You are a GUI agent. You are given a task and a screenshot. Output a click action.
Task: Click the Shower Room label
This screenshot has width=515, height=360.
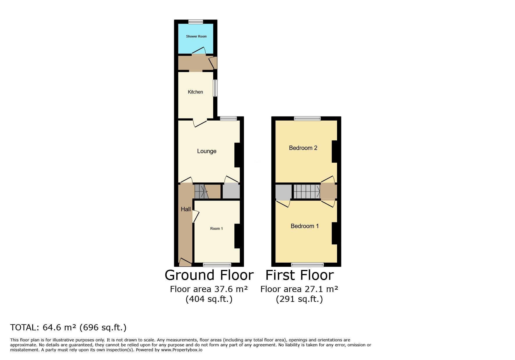click(x=196, y=36)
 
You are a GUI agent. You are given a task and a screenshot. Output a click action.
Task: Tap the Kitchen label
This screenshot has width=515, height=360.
click(x=195, y=92)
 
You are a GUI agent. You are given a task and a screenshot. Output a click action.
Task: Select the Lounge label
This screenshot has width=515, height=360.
click(x=207, y=151)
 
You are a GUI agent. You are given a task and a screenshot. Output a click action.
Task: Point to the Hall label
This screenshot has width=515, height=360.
click(x=186, y=209)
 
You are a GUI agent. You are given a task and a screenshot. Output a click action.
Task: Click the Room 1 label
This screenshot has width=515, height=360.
click(x=217, y=229)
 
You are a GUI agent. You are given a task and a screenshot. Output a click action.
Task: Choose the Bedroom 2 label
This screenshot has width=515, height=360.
click(x=303, y=148)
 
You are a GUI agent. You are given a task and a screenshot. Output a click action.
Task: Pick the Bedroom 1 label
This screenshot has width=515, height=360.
click(x=305, y=226)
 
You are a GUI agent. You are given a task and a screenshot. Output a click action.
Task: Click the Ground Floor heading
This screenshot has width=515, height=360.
click(x=209, y=275)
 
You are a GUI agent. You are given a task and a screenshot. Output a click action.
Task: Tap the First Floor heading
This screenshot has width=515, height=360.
click(x=300, y=275)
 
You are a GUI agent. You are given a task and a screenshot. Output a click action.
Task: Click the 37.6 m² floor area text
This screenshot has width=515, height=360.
click(x=209, y=289)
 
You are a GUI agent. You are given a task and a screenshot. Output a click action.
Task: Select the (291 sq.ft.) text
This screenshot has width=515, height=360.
click(x=300, y=299)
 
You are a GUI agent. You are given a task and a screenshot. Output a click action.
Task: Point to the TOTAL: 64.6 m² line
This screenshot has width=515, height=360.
click(x=68, y=327)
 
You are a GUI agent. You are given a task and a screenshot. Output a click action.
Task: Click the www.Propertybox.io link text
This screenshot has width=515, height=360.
click(x=182, y=350)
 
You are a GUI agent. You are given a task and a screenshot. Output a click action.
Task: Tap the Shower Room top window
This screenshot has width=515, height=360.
click(x=195, y=22)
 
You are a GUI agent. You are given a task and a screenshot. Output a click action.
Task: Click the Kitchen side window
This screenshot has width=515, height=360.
click(x=215, y=88)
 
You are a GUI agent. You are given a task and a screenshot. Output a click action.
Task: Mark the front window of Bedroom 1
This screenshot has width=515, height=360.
click(x=307, y=264)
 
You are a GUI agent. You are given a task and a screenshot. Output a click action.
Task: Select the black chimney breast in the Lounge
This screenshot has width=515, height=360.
click(x=237, y=155)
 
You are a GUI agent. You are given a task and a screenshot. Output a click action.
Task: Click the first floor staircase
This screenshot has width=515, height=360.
click(x=306, y=191)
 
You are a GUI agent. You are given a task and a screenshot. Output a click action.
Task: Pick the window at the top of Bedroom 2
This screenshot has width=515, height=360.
click(x=307, y=119)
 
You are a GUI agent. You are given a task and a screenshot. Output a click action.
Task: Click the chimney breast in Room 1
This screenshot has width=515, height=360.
click(x=237, y=236)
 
